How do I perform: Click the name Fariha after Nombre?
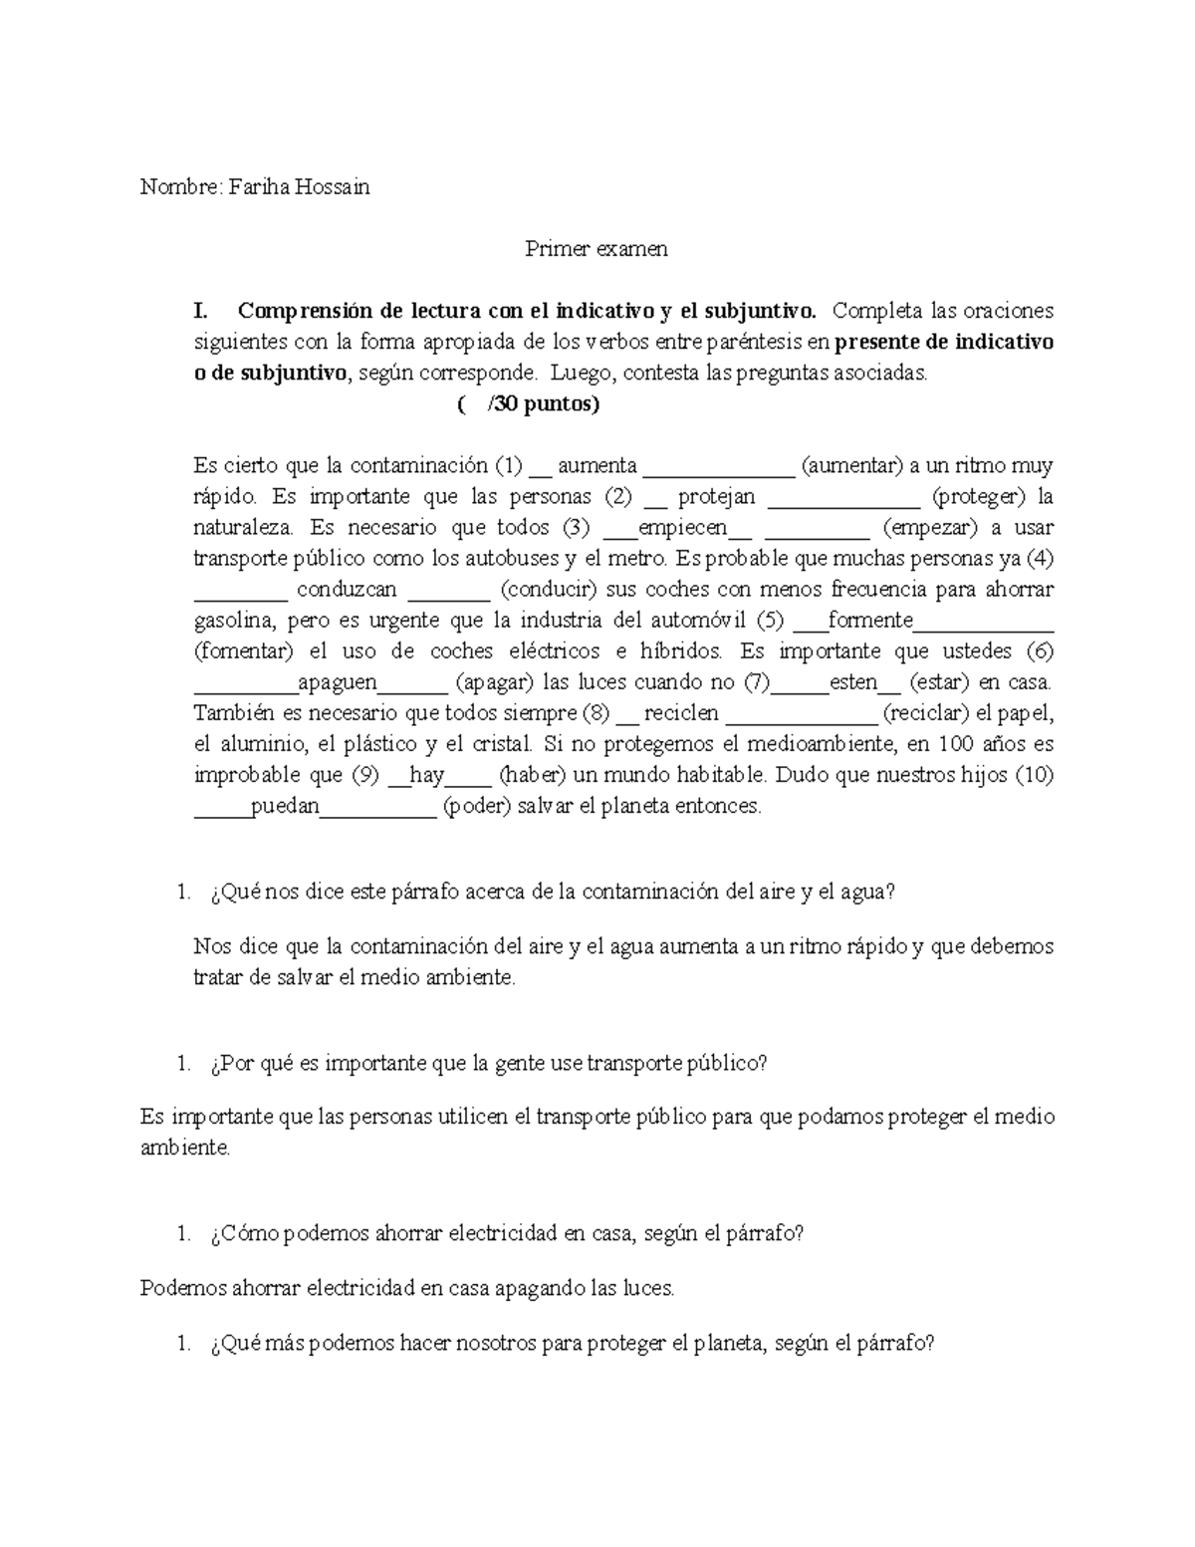pyautogui.click(x=258, y=186)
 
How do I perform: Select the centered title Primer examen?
pyautogui.click(x=597, y=248)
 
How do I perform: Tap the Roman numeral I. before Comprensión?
pyautogui.click(x=201, y=311)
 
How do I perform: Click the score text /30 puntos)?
pyautogui.click(x=552, y=404)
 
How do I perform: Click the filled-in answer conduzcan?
pyautogui.click(x=347, y=590)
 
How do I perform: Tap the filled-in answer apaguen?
pyautogui.click(x=338, y=682)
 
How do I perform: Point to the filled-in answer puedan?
pyautogui.click(x=285, y=806)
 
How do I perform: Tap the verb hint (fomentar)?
pyautogui.click(x=244, y=651)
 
